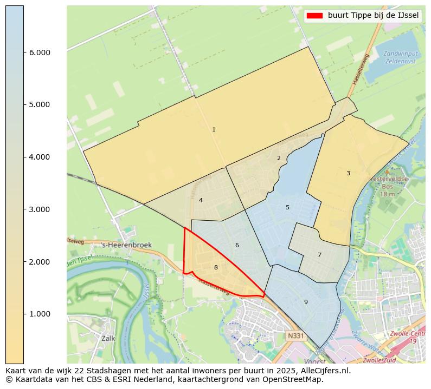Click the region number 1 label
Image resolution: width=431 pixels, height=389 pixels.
(214, 130)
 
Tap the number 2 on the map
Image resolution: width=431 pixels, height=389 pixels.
(279, 159)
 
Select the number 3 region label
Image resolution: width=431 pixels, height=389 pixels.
(348, 174)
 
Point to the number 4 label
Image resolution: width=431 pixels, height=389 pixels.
(201, 201)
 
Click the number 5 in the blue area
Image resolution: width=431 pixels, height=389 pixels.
(287, 208)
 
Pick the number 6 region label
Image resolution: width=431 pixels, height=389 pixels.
(237, 246)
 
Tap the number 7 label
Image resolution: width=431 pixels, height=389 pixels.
(319, 255)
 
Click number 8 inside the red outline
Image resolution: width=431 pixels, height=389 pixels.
(216, 268)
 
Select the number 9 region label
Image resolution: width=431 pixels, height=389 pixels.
(306, 302)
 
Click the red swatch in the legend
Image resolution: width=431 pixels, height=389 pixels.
(314, 16)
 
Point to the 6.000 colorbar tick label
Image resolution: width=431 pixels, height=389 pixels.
(40, 52)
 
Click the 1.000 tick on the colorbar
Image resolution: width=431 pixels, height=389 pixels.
(40, 314)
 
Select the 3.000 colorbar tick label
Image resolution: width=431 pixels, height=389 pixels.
(40, 209)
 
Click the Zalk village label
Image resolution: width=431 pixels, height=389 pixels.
(108, 338)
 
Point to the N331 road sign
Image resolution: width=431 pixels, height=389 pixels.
(296, 336)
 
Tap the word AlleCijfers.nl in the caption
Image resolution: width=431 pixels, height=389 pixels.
(324, 371)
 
